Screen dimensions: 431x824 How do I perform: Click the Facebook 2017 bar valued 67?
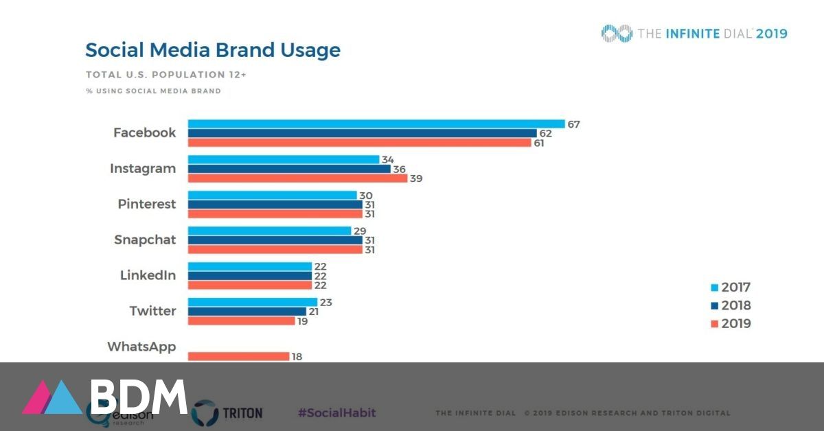(x=376, y=124)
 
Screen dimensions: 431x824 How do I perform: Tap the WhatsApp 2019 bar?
(x=238, y=356)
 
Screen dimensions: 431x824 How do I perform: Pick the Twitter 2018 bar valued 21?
(x=247, y=312)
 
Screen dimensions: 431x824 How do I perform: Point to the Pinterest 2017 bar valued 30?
(x=272, y=196)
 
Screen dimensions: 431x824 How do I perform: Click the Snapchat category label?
(x=144, y=240)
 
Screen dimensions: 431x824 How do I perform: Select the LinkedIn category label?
(x=148, y=276)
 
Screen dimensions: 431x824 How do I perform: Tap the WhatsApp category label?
(x=141, y=347)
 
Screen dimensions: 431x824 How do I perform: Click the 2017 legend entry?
(x=731, y=288)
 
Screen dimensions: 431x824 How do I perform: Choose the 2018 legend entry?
(x=731, y=305)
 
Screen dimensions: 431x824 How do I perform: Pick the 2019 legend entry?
(x=731, y=324)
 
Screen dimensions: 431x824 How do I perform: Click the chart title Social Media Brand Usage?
(x=212, y=50)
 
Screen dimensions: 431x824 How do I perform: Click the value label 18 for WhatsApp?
(x=297, y=357)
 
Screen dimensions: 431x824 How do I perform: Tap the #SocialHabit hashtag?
(x=336, y=413)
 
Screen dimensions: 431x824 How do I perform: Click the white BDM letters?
(x=139, y=397)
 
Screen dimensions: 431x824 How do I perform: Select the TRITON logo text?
(x=242, y=413)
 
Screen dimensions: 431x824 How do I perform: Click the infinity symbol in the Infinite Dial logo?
(x=616, y=33)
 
